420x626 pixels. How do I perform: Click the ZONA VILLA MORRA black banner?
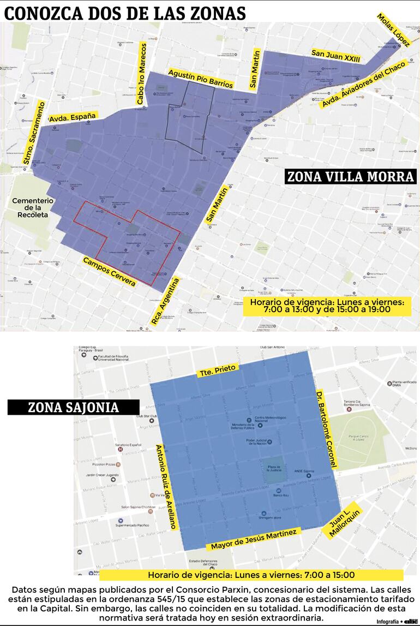pyautogui.click(x=350, y=177)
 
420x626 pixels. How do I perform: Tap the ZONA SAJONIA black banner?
pyautogui.click(x=74, y=407)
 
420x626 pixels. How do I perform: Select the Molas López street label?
pyautogui.click(x=393, y=31)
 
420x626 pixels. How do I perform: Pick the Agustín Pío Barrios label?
pyautogui.click(x=200, y=79)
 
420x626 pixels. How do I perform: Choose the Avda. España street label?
pyautogui.click(x=73, y=117)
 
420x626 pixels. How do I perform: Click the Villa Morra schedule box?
pyautogui.click(x=327, y=306)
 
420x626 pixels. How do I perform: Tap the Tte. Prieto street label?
pyautogui.click(x=217, y=371)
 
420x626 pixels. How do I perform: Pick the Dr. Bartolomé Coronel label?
pyautogui.click(x=326, y=430)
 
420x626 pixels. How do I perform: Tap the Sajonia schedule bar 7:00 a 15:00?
pyautogui.click(x=251, y=575)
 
